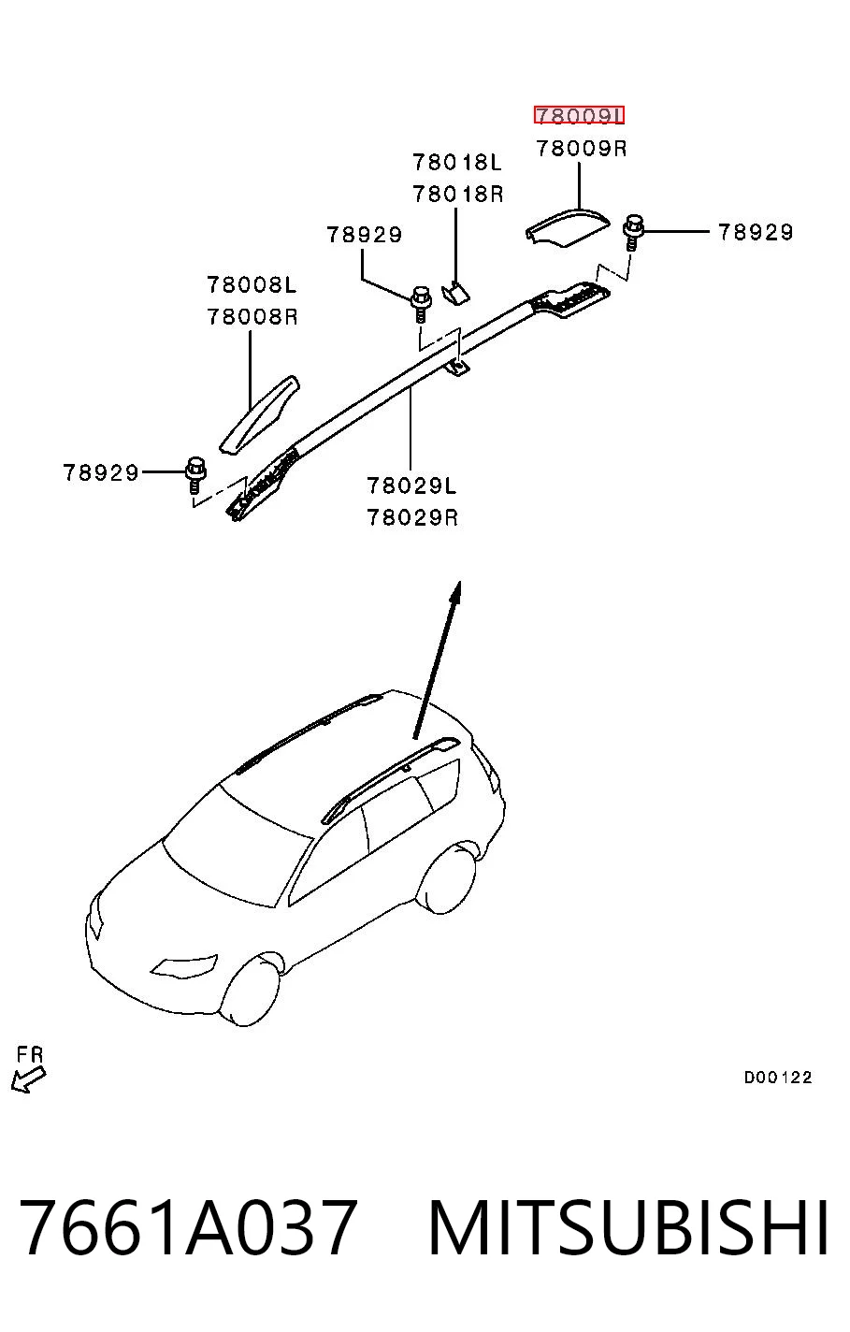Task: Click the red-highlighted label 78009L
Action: tap(579, 115)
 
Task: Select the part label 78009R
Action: tap(582, 148)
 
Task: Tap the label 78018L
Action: tap(457, 162)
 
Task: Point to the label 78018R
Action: tap(457, 194)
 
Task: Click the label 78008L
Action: tap(252, 285)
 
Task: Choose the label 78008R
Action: tap(252, 317)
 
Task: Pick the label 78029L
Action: tap(411, 485)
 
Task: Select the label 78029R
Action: tap(412, 518)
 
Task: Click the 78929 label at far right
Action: tap(756, 232)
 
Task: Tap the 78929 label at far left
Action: tap(100, 472)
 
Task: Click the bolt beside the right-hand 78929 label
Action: tap(633, 232)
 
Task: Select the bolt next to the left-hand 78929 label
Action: tap(195, 474)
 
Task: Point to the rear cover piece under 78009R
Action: tap(567, 227)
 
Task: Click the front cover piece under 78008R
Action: tap(259, 413)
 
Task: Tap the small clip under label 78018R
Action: tap(455, 292)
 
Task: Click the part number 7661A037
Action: tap(189, 1226)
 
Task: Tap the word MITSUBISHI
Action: tap(628, 1226)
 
